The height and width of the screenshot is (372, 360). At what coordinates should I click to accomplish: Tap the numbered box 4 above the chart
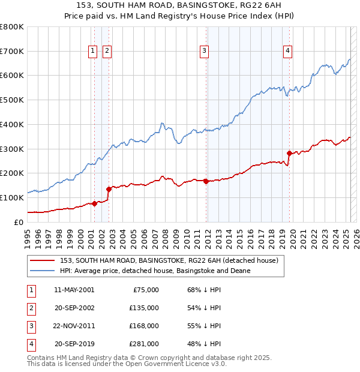288,52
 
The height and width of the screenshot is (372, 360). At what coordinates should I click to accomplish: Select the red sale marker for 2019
289,153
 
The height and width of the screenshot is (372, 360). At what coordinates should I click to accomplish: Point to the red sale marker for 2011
206,181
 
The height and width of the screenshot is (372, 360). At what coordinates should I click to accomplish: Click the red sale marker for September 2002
109,188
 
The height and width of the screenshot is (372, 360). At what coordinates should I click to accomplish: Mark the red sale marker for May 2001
94,203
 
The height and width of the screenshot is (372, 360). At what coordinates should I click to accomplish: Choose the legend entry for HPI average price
155,271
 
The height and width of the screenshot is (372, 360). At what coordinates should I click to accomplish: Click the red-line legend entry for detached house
169,261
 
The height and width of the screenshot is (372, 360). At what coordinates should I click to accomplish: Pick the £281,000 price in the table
144,344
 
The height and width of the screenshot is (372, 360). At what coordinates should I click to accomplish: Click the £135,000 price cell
144,308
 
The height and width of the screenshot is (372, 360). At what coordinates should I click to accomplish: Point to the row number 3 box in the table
31,326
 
